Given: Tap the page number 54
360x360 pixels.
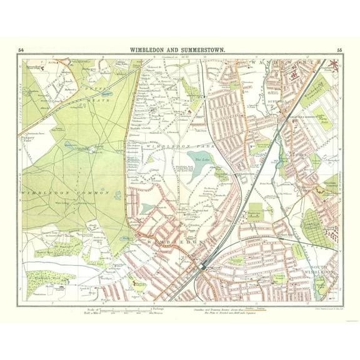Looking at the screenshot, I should click(21, 49).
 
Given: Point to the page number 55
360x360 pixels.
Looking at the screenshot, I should click(339, 49).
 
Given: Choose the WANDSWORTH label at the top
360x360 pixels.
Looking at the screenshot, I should click(287, 63).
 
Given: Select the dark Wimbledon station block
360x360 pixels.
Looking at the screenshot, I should click(203, 265).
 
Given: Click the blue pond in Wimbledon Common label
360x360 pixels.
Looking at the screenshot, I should click(117, 195).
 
